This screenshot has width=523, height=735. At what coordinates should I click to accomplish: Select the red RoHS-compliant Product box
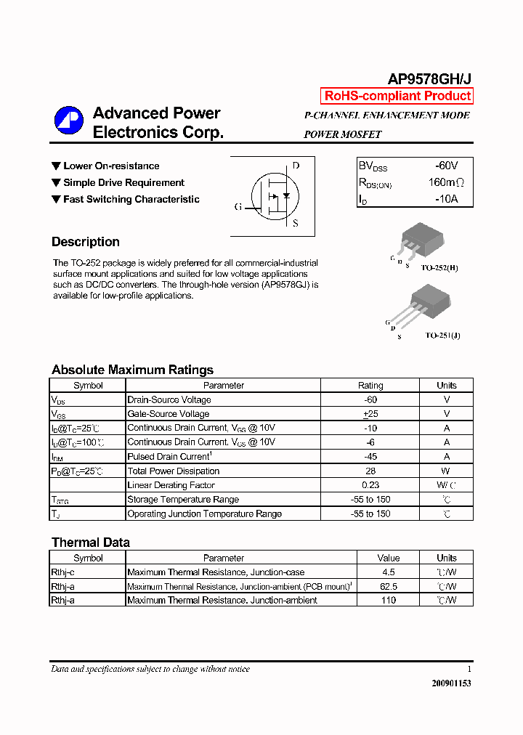(397, 96)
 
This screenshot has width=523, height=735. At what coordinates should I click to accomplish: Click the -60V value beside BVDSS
(446, 166)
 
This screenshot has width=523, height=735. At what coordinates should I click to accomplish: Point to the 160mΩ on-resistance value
(445, 182)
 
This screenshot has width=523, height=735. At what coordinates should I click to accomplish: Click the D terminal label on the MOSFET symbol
(296, 166)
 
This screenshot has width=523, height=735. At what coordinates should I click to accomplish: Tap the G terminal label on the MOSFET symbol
(238, 207)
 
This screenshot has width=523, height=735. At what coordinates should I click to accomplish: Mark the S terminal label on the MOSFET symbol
(296, 224)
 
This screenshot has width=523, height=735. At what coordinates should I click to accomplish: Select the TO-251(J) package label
(442, 336)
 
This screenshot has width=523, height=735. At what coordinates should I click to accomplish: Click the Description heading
(86, 242)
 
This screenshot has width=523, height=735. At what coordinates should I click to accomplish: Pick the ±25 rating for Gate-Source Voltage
(370, 414)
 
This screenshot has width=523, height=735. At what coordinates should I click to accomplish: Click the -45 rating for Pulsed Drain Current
(370, 457)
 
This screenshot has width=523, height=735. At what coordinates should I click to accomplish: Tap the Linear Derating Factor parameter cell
(171, 485)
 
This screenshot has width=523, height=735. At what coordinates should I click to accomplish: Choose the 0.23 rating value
(370, 485)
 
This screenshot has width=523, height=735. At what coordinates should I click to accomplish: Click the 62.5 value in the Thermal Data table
(389, 586)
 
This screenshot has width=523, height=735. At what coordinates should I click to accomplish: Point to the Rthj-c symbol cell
(62, 572)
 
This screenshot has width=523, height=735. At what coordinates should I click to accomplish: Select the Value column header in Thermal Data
(389, 558)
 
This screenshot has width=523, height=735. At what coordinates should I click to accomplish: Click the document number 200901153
(451, 683)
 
